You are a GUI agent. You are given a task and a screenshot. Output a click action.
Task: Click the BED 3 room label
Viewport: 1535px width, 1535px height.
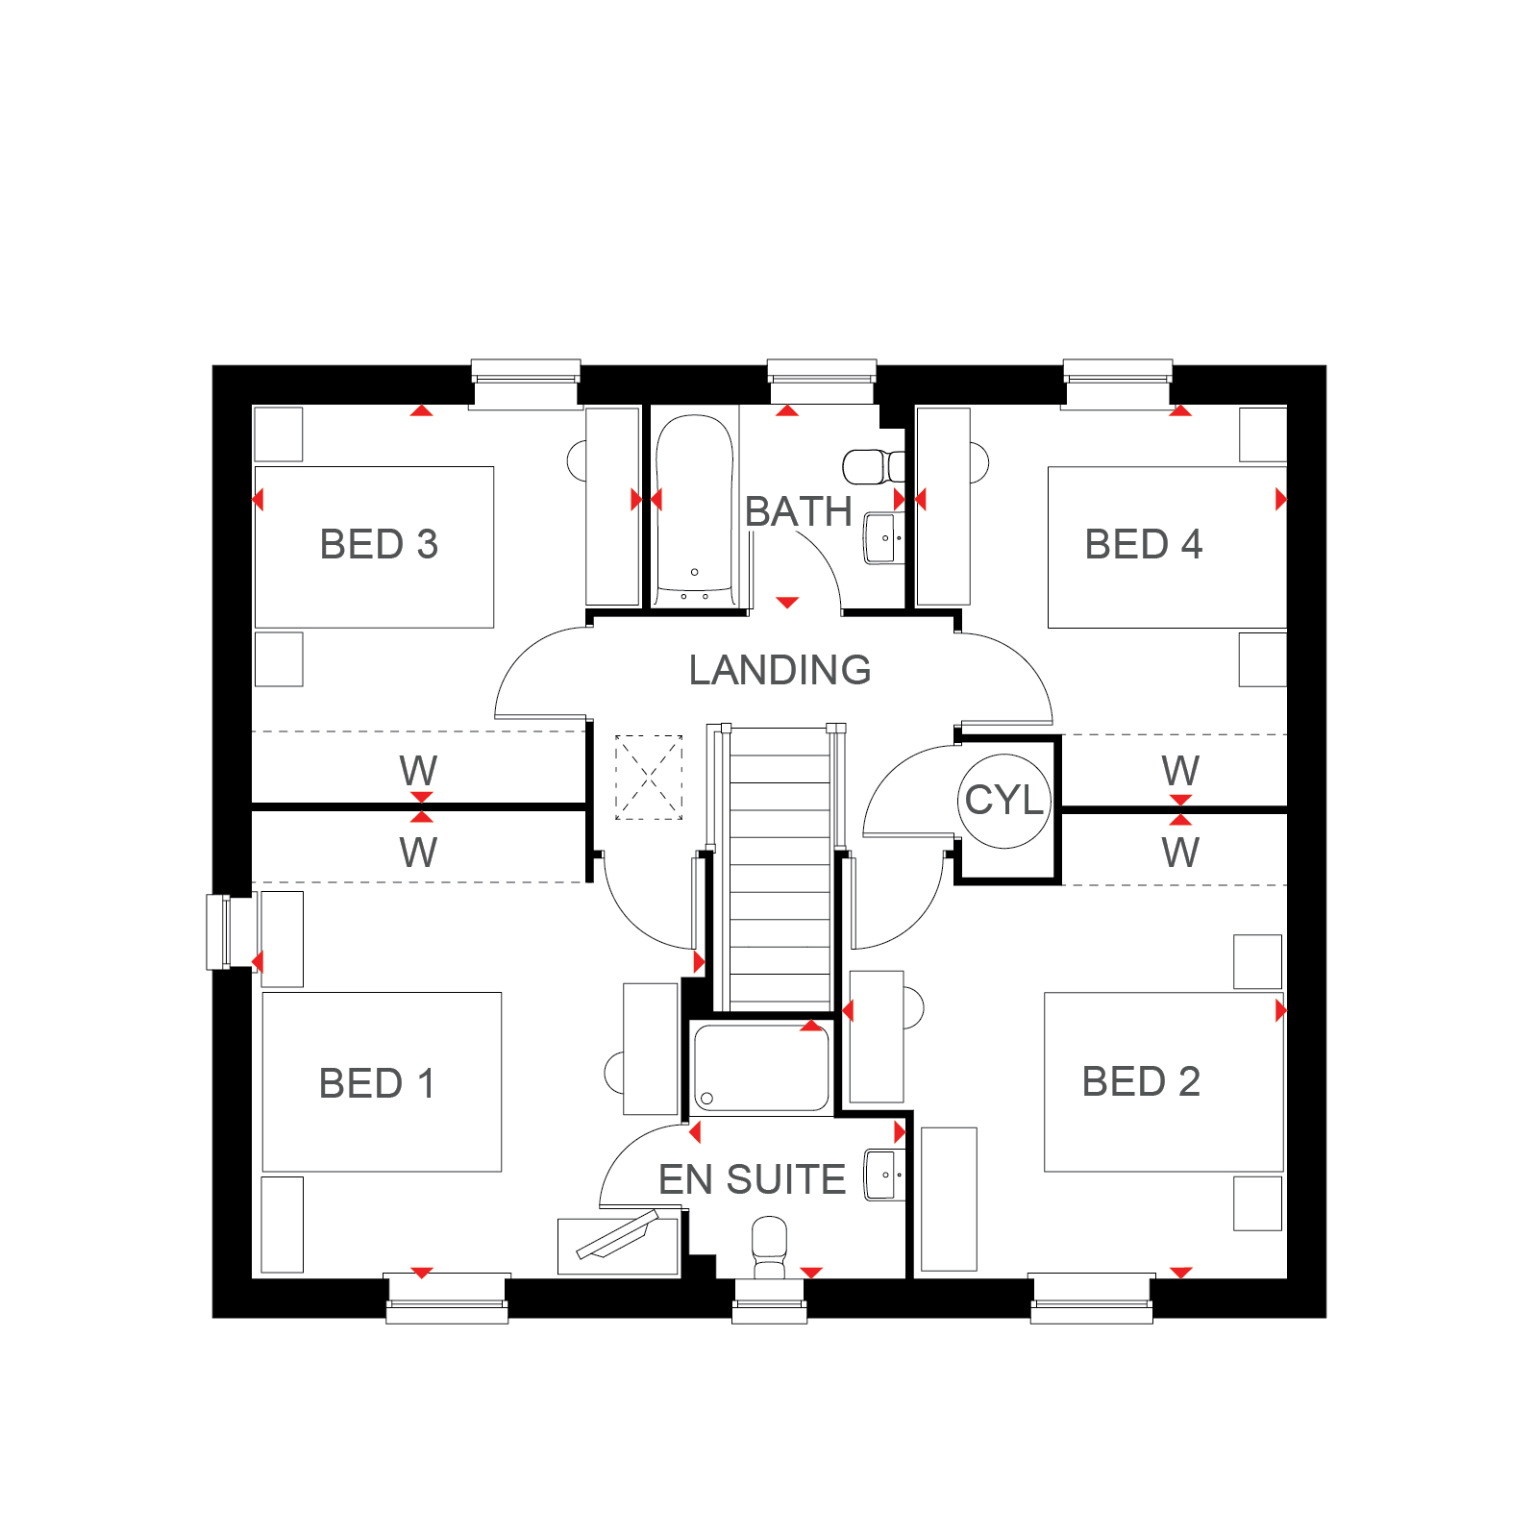[379, 545]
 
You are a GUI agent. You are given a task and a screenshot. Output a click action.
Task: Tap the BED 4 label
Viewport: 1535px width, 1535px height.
[1144, 545]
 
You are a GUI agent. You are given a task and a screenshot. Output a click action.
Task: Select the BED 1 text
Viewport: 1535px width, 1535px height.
[377, 1083]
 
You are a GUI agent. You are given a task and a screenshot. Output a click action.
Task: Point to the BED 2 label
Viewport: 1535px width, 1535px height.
[1141, 1081]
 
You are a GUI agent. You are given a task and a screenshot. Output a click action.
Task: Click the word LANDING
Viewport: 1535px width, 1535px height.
[780, 670]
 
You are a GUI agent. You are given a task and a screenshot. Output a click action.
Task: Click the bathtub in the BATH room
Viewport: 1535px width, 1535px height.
[695, 510]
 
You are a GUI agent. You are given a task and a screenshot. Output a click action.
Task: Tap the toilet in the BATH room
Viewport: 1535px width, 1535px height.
[874, 467]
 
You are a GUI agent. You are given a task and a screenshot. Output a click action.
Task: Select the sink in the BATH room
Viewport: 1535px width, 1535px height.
[884, 538]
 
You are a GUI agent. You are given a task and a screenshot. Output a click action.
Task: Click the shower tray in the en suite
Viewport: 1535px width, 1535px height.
[761, 1068]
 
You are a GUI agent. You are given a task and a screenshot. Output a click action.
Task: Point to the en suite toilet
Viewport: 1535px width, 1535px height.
[769, 1248]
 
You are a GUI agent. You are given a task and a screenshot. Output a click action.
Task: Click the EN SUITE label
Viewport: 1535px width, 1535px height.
[752, 1179]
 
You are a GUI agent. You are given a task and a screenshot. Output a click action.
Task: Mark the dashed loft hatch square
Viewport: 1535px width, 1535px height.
[649, 778]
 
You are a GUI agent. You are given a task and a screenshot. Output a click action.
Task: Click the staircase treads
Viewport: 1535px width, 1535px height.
[780, 870]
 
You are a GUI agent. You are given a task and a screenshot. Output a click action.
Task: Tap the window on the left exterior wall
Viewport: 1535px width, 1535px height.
[218, 931]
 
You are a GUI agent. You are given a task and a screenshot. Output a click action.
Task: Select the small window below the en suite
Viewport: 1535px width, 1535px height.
[769, 1301]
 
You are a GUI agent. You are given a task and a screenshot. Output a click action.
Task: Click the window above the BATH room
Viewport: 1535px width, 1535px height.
[822, 381]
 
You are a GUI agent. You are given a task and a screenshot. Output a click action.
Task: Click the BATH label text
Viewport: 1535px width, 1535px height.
[799, 511]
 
